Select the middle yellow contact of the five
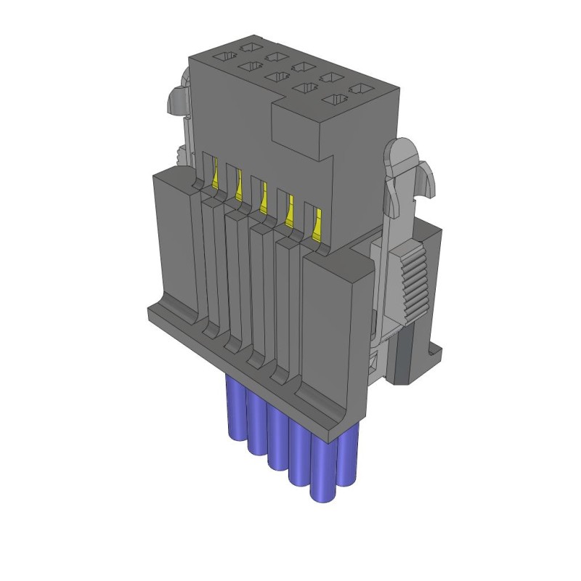pos(263,198)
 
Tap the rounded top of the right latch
pos(402,153)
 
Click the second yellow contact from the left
pos(238,187)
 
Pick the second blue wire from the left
pos(256,425)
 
